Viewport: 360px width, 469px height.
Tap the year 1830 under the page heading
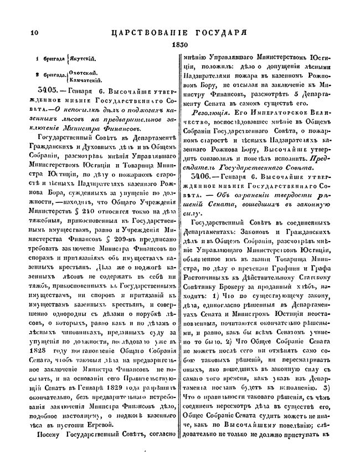click(x=180, y=44)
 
